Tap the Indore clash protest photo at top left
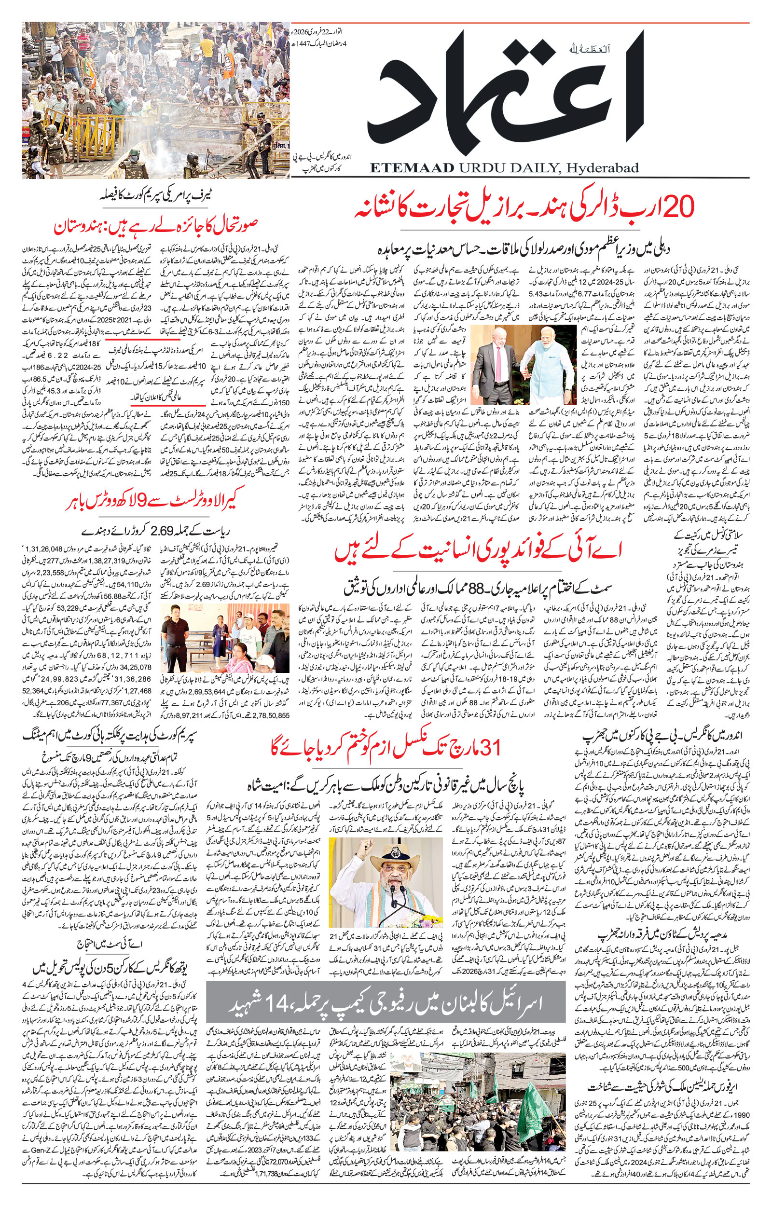(155, 100)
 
